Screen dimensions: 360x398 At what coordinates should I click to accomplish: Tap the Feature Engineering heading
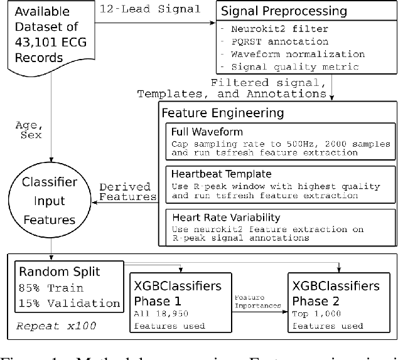click(223, 114)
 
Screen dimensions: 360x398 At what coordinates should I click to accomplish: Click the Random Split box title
click(59, 272)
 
